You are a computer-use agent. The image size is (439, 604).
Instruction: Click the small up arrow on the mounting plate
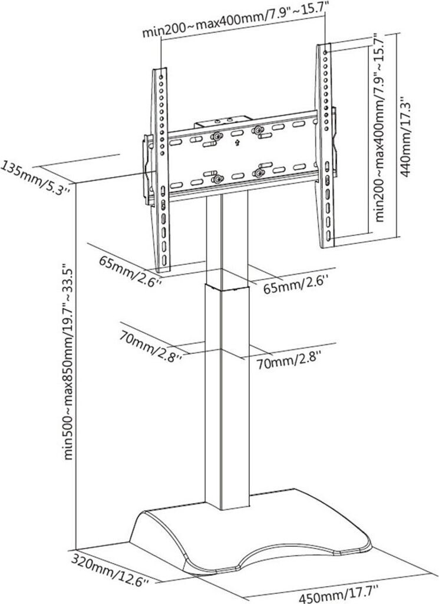pos(236,142)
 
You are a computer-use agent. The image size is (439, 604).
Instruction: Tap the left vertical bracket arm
pos(161,171)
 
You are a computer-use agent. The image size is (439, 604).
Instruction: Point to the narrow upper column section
pos(223,236)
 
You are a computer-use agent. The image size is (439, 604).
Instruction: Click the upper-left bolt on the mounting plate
pos(217,136)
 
